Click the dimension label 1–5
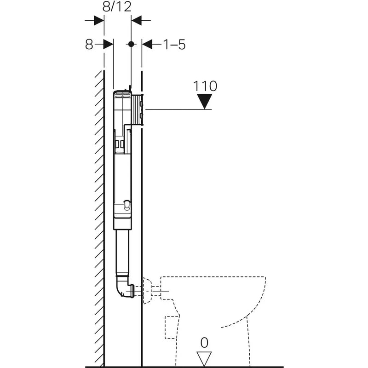point(174,45)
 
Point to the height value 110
point(205,86)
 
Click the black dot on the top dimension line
point(131,44)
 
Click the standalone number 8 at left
point(89,45)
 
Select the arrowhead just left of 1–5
point(147,44)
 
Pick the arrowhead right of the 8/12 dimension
point(137,20)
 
